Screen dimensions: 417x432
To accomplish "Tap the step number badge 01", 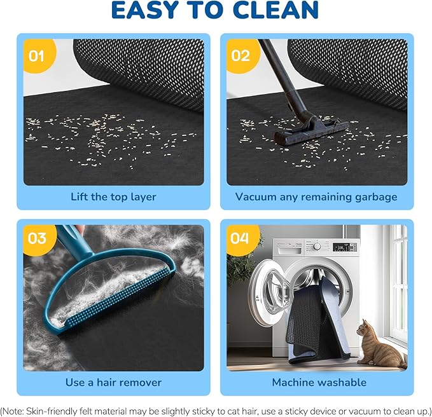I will pos(37,56).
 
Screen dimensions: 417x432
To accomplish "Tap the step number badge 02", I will pos(240,56).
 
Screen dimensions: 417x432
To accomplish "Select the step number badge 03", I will pos(37,238).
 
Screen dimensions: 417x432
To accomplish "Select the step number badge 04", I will pos(240,238).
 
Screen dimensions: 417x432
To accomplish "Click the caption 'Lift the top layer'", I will pos(113,196).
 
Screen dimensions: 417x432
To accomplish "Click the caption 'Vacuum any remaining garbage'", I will pos(316,196).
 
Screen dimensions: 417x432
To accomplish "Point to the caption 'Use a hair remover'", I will pos(113,382).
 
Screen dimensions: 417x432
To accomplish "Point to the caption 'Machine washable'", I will pos(319,382).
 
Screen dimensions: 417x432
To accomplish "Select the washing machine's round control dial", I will pos(316,246).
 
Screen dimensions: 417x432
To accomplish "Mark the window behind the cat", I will pos(399,280).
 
